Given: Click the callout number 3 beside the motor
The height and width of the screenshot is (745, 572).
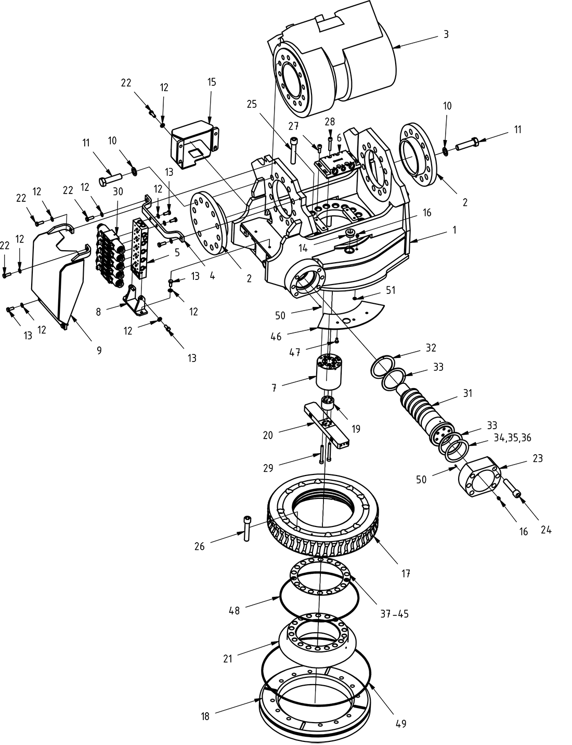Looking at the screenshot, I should pyautogui.click(x=446, y=34).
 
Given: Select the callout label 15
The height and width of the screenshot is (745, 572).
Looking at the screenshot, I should pyautogui.click(x=211, y=82).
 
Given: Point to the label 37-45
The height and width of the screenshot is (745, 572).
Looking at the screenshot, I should pyautogui.click(x=394, y=614).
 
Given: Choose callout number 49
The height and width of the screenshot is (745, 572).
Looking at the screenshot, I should pyautogui.click(x=400, y=723).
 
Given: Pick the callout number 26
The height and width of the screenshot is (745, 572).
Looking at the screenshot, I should pyautogui.click(x=200, y=546).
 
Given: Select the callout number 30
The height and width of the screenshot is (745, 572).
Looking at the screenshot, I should pyautogui.click(x=118, y=191).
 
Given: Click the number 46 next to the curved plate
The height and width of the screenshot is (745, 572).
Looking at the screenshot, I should pyautogui.click(x=276, y=337).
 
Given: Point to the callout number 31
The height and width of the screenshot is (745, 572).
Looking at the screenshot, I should pyautogui.click(x=467, y=394).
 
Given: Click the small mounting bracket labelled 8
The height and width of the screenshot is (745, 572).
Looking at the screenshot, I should pyautogui.click(x=137, y=303).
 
